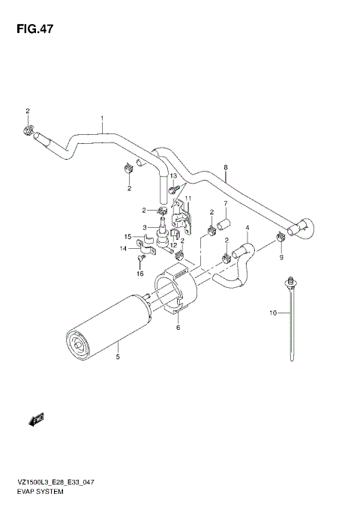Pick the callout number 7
(x=224, y=203)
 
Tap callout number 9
(x=282, y=257)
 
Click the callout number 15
(x=128, y=237)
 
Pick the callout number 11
(x=188, y=198)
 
